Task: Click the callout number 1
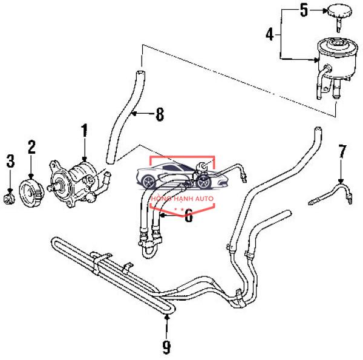84,131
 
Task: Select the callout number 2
31,147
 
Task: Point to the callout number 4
270,34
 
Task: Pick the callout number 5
304,10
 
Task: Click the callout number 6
189,215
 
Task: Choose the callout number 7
342,151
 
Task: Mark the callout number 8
160,114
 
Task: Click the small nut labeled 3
10,198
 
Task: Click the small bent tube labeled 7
330,194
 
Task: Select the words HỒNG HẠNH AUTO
181,198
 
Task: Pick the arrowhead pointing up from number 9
167,317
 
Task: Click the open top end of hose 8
140,72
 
